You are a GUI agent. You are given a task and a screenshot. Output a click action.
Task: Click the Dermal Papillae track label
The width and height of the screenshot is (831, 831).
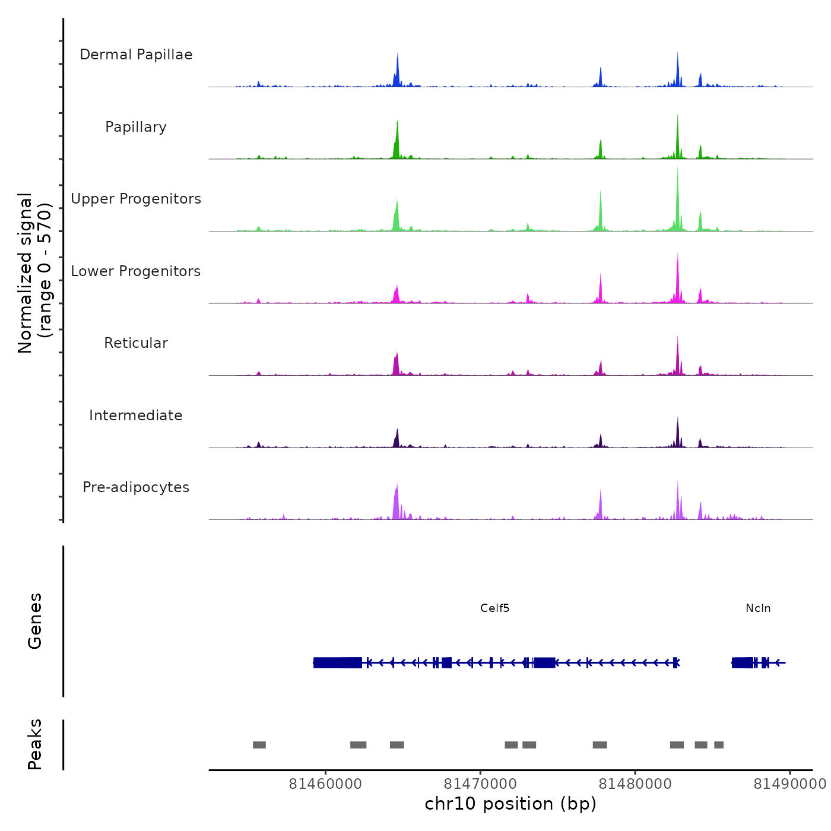click(x=136, y=55)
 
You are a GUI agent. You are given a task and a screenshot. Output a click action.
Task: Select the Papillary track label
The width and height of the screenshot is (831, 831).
click(x=136, y=127)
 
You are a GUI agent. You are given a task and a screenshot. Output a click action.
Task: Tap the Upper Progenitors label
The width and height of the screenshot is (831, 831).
click(x=136, y=199)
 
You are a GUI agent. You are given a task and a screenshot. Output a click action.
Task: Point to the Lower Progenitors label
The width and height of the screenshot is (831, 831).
click(x=136, y=271)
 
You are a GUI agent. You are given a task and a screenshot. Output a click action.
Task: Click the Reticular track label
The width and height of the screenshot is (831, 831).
click(x=136, y=343)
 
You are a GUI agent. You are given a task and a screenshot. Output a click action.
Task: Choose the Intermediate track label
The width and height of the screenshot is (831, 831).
click(x=136, y=415)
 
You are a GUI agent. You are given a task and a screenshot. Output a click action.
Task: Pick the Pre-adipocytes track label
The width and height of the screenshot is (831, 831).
click(x=136, y=487)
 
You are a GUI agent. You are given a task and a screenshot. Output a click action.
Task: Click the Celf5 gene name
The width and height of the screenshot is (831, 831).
click(x=495, y=608)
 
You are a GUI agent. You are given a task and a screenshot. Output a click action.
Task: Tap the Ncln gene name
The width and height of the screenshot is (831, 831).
click(x=758, y=608)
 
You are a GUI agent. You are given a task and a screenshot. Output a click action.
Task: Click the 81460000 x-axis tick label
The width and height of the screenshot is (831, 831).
click(x=325, y=784)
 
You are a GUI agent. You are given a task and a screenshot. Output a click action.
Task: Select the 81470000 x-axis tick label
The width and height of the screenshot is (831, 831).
click(x=480, y=784)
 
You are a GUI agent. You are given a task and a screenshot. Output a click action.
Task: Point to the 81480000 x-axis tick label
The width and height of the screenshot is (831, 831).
click(x=635, y=784)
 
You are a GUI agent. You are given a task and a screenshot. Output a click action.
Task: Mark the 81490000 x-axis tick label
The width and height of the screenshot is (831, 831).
click(x=789, y=784)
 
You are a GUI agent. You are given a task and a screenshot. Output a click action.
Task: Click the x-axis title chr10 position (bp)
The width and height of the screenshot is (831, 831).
click(x=510, y=804)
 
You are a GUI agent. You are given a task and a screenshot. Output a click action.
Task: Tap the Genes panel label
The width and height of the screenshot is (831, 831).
click(x=35, y=621)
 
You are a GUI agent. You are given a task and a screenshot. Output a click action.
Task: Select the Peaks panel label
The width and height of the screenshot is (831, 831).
click(x=35, y=744)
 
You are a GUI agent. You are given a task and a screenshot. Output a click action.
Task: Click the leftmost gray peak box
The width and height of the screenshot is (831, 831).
click(x=259, y=745)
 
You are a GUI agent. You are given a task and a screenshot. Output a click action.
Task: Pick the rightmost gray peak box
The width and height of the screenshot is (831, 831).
click(x=719, y=745)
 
